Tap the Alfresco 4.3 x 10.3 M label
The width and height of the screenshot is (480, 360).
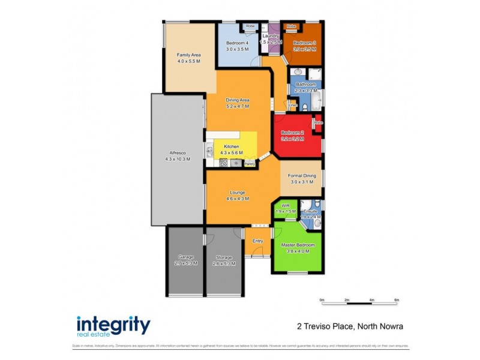[x=177, y=159]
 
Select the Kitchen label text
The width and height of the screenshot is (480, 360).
[x=231, y=147]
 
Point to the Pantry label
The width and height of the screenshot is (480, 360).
[x=250, y=163]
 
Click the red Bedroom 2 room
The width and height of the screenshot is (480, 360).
[x=293, y=135]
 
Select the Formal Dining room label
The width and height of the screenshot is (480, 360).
[x=302, y=179]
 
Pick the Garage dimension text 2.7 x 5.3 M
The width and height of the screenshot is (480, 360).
[x=185, y=263]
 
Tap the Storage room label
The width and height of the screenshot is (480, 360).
[x=224, y=257]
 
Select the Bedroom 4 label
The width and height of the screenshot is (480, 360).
[x=237, y=43]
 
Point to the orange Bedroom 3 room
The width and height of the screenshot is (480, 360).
[x=304, y=46]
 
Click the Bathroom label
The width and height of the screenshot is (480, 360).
[x=306, y=85]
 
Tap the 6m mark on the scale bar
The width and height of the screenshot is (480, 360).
[x=397, y=299]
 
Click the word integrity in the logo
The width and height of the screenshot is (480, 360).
[x=113, y=325]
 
